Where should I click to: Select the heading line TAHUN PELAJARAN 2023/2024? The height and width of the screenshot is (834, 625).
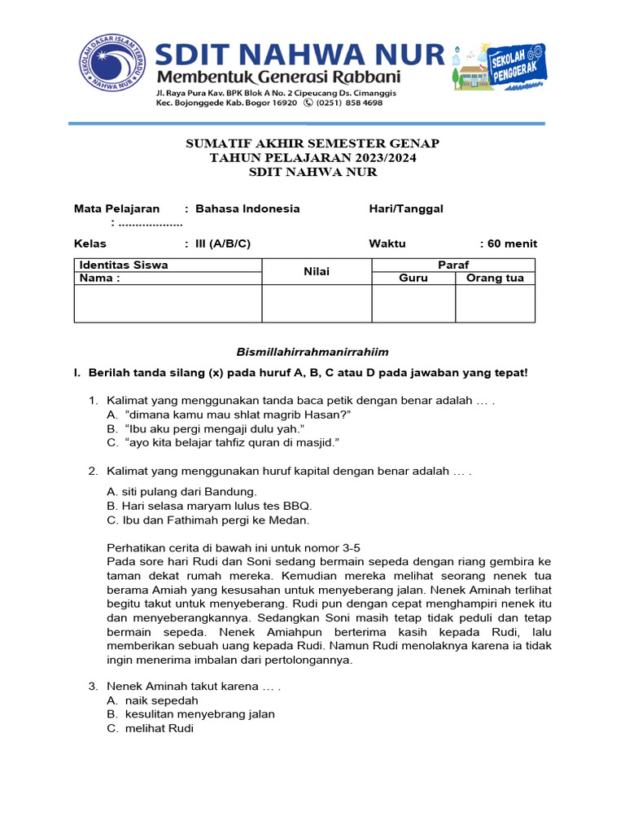312,158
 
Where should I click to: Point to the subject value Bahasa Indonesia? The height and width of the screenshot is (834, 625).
247,208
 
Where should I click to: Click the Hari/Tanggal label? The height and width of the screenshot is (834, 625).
406,208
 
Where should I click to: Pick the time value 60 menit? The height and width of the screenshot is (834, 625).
511,244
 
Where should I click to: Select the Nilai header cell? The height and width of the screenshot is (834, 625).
317,271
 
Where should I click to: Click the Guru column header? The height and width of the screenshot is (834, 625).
413,279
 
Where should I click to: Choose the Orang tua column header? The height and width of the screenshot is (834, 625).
495,279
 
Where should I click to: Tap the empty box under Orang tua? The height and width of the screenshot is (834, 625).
495,303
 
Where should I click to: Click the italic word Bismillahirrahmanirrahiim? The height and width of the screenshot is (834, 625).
312,352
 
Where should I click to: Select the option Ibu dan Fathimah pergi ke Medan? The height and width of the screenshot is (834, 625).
208,520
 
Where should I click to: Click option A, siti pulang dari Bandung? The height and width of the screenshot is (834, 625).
182,491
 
